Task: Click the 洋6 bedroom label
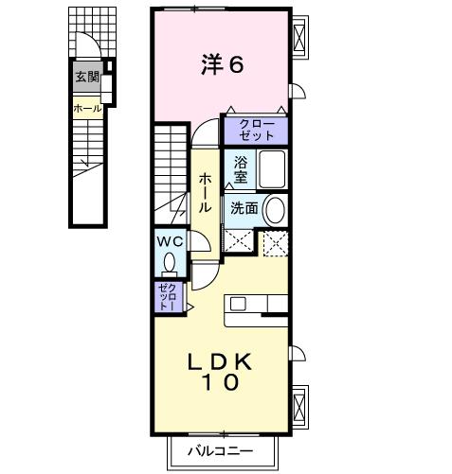(x=223, y=65)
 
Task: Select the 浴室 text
(x=241, y=169)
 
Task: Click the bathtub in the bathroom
(x=274, y=170)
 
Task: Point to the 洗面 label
(x=244, y=208)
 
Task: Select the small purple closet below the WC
(x=167, y=297)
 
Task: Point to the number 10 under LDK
(x=220, y=384)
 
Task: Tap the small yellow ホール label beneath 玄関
(x=87, y=108)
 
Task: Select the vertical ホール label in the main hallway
(x=205, y=194)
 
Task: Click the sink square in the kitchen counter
(x=237, y=304)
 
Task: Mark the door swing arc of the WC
(x=200, y=245)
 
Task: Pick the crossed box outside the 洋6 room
(x=300, y=40)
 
